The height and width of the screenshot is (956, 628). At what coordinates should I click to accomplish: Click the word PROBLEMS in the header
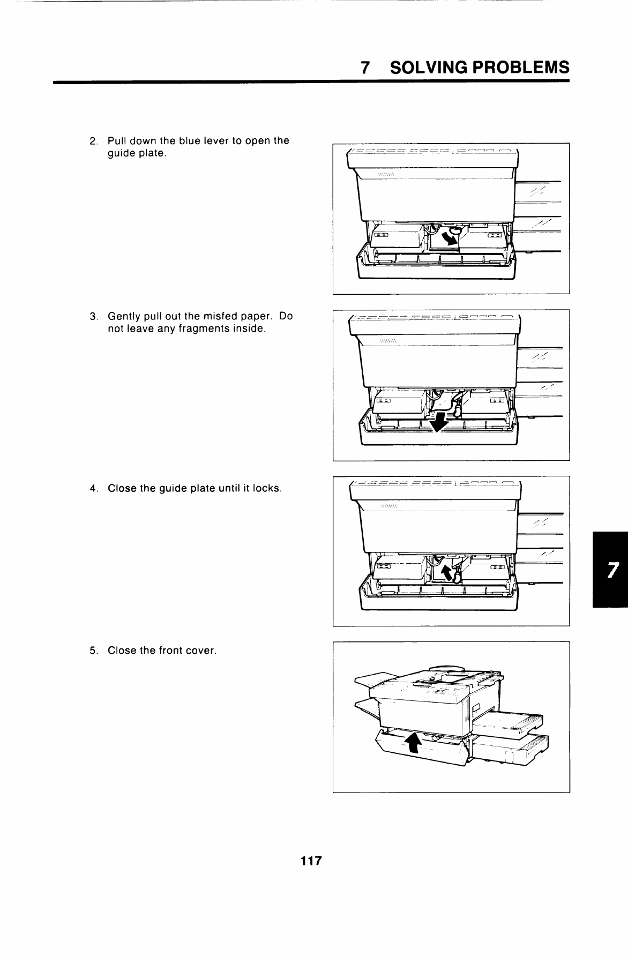[519, 68]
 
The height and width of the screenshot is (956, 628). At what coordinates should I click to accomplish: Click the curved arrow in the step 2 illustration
[450, 237]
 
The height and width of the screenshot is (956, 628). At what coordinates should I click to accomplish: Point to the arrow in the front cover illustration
[412, 742]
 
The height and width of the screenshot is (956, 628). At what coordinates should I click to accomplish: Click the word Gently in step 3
[124, 317]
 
